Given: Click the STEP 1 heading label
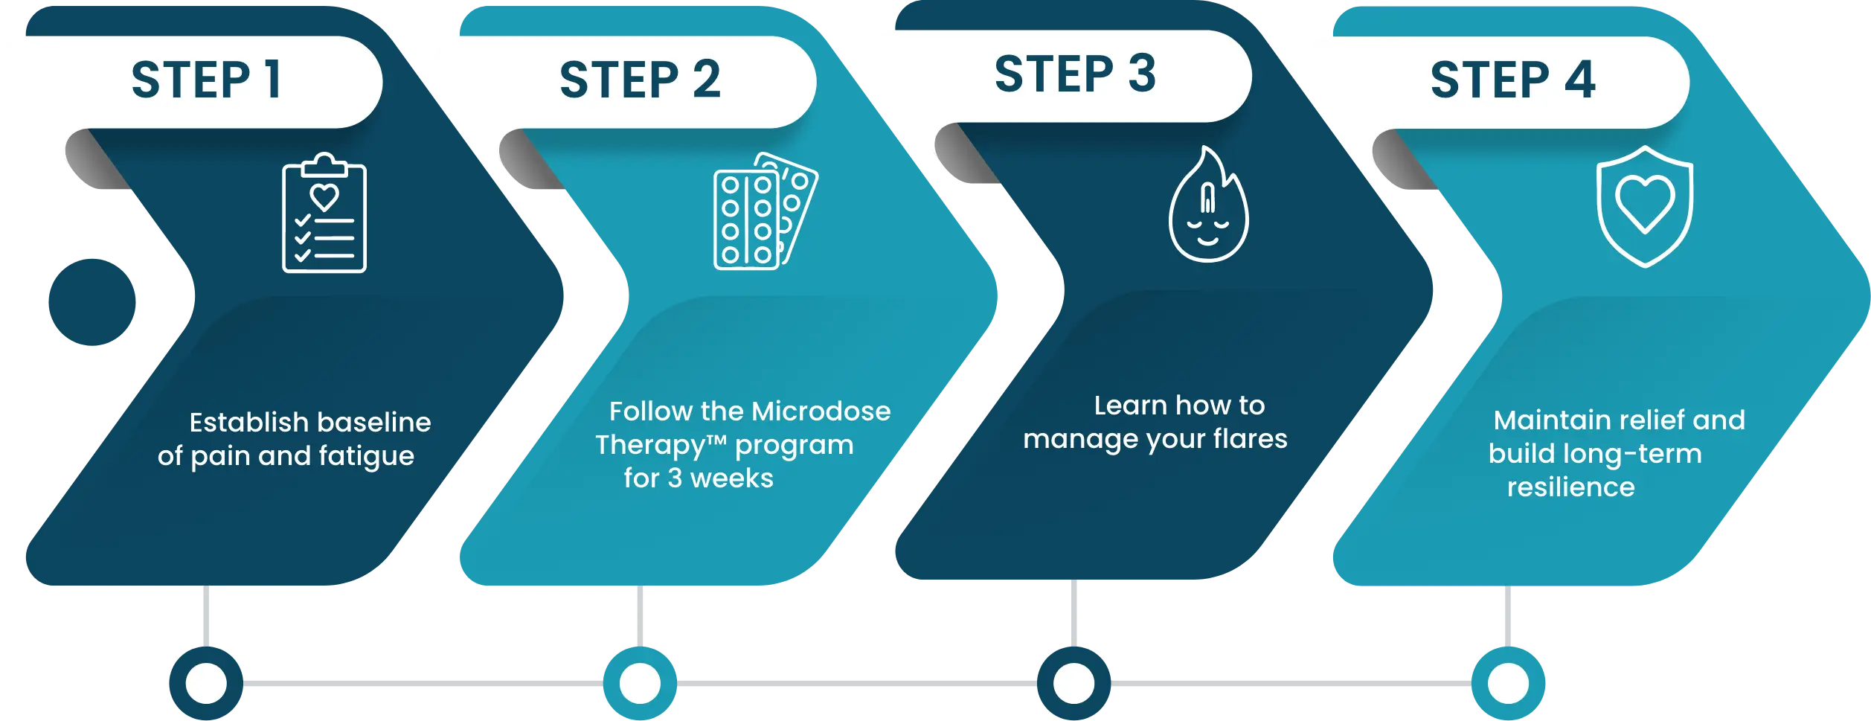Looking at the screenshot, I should [x=206, y=80].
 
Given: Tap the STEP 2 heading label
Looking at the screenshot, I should [x=640, y=80].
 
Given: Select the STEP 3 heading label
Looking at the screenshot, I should [x=1075, y=74].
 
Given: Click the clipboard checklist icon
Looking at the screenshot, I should [x=324, y=214].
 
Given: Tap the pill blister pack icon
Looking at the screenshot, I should [x=765, y=212].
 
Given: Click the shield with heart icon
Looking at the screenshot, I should [x=1645, y=207].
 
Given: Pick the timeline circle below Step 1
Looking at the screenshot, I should [x=206, y=683].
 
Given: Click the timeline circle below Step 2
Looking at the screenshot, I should [x=640, y=683].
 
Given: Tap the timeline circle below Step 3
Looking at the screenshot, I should [x=1074, y=683].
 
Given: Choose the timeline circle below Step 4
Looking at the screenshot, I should [x=1508, y=683].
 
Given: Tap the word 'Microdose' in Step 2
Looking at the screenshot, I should [x=821, y=411].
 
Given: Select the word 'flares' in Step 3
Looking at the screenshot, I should [x=1250, y=439].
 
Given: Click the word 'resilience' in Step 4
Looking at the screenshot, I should [x=1570, y=487].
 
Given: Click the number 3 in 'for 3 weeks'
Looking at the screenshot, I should [x=675, y=478].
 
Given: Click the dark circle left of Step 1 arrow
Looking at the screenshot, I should [x=92, y=303].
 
